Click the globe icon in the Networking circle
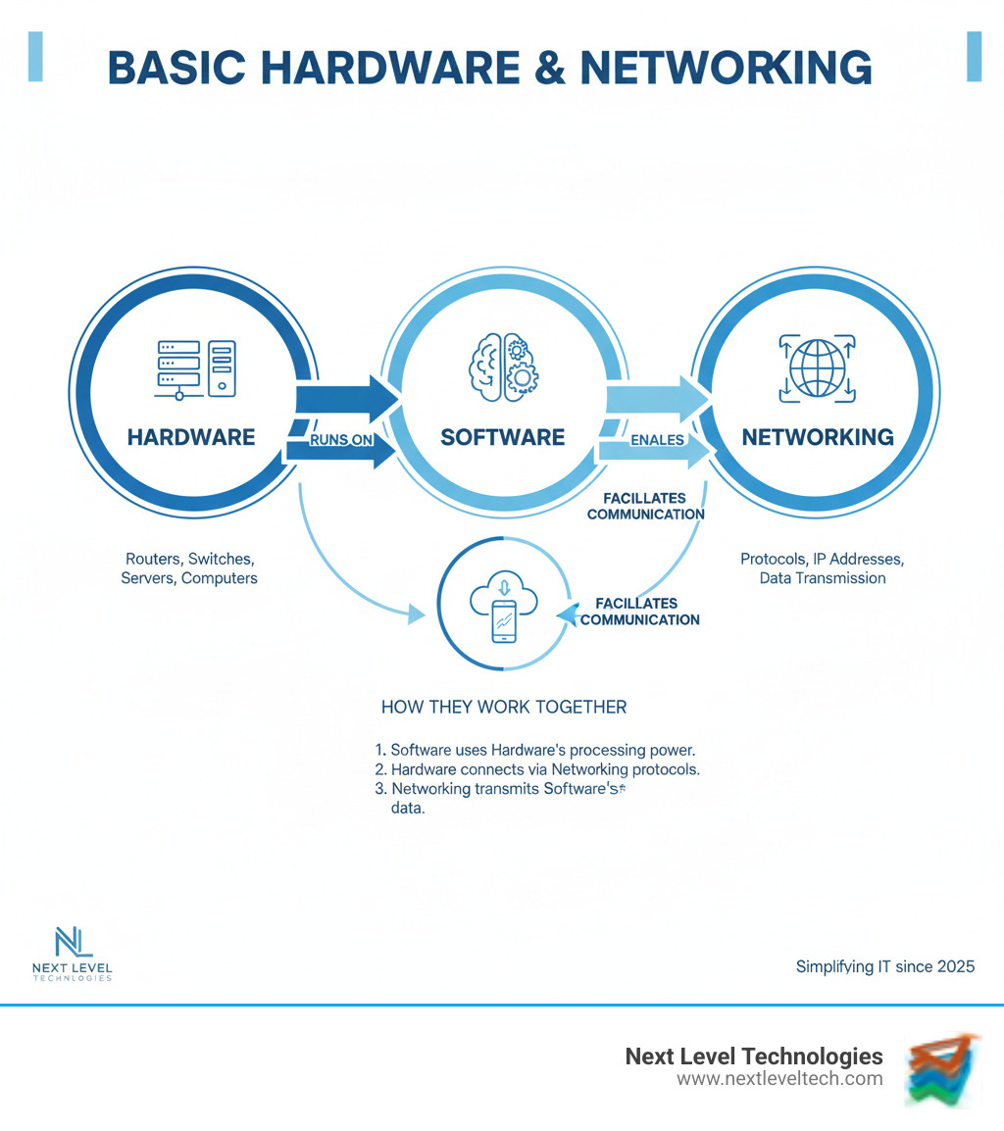click(817, 369)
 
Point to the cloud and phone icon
click(503, 608)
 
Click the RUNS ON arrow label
click(340, 440)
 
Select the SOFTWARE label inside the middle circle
click(502, 437)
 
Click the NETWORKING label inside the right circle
click(817, 437)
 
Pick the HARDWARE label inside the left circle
click(191, 437)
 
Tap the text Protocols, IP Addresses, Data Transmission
click(822, 568)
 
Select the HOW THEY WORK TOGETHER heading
click(503, 707)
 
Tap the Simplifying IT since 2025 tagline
click(884, 966)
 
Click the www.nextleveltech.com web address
click(779, 1079)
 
